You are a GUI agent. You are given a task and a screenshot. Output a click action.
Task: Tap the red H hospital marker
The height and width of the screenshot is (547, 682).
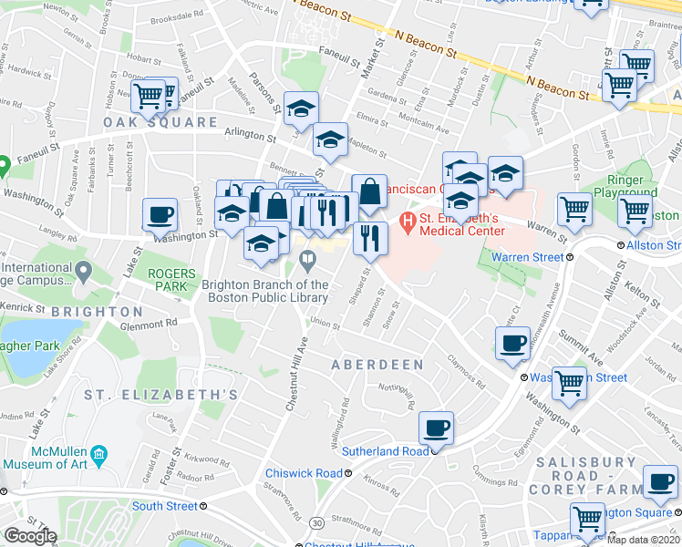coord(407,220)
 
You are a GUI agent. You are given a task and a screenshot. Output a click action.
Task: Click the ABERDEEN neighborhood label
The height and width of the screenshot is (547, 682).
coord(378,365)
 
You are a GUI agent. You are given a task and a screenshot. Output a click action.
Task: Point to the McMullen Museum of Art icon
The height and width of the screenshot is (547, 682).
coord(99,453)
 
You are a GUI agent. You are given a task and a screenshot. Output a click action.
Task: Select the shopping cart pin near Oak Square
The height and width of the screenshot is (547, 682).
coord(148,94)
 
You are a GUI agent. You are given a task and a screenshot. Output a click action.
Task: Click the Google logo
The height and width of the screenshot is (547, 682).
coord(30,536)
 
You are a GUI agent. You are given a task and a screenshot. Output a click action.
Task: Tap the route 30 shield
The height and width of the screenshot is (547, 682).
coord(315,522)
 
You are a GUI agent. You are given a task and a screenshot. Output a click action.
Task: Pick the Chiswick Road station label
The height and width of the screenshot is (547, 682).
coord(304,473)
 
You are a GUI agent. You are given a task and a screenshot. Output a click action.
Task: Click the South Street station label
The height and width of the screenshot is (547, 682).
coord(164,506)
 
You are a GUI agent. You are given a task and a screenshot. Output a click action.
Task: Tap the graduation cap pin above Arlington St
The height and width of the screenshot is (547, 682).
coord(301,108)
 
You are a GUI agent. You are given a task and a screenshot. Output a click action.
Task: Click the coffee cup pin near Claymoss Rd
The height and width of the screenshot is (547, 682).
coord(512,343)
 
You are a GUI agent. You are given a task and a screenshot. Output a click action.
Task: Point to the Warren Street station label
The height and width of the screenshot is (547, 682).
coord(528,258)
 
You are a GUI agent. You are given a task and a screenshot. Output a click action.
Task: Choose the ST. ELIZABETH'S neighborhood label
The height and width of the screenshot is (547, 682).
coord(161,395)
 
